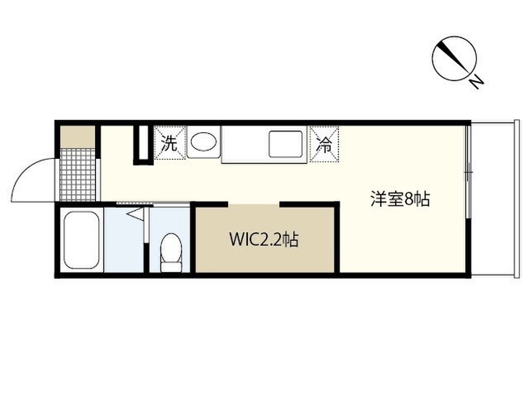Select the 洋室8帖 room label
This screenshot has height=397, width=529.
pos(399,199)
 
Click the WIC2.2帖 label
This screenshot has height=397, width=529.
pos(264,241)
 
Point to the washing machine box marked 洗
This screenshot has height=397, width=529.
pos(169,142)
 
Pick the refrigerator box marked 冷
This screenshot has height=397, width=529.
pos(324,142)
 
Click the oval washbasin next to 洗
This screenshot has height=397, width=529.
pos(203,142)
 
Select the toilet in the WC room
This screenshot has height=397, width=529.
pos(171,251)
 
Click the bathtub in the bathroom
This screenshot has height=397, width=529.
pos(81,239)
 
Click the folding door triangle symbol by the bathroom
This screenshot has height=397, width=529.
pos(136,214)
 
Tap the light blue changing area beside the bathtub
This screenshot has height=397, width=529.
pos(124,244)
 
